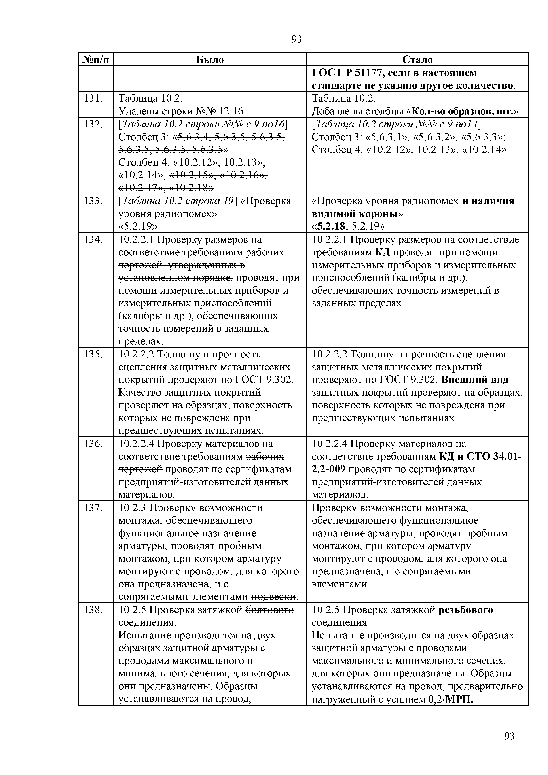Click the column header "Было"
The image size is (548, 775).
(210, 60)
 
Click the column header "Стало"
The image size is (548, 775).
(417, 60)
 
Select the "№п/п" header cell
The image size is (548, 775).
(96, 60)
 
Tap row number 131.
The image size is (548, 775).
(93, 99)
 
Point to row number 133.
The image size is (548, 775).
(93, 201)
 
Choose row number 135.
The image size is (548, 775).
(93, 354)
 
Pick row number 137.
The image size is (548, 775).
(93, 508)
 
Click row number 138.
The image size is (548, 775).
(93, 610)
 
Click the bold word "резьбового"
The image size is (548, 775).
(466, 610)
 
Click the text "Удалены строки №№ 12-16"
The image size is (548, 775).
(181, 111)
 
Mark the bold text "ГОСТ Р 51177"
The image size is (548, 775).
(347, 73)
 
